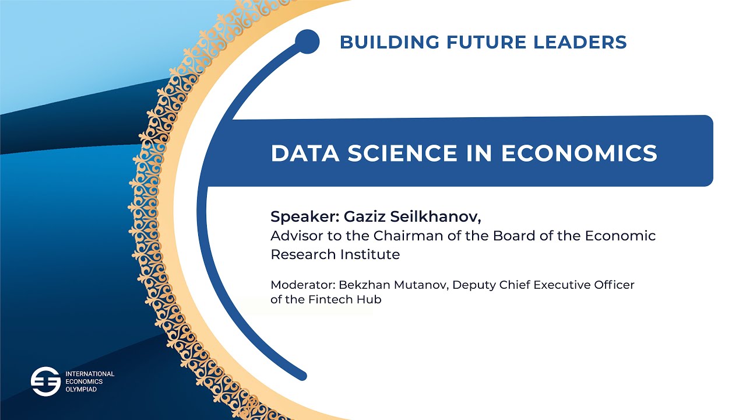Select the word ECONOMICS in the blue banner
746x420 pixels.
tap(579, 153)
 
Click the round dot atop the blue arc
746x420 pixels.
tap(307, 41)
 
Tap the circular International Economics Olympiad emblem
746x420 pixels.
tap(45, 381)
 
